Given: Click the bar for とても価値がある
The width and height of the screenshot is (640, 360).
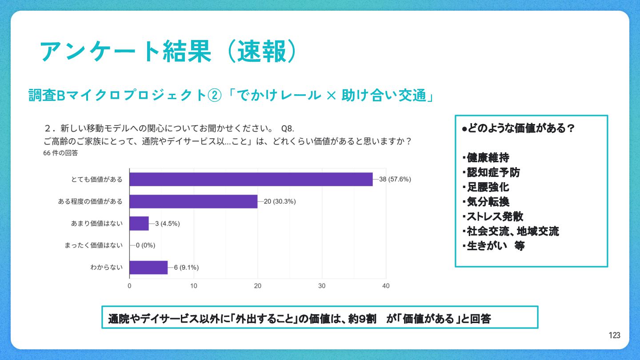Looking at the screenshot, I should pyautogui.click(x=251, y=180).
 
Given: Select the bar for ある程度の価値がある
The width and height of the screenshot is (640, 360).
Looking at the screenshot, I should pyautogui.click(x=193, y=201).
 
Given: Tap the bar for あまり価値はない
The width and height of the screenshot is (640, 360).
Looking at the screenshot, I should pyautogui.click(x=139, y=223).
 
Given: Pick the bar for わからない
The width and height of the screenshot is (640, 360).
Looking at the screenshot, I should pyautogui.click(x=148, y=267).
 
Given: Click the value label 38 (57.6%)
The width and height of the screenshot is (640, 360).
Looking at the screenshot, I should pyautogui.click(x=395, y=180).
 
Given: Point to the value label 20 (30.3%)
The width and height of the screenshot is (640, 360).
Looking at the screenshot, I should pyautogui.click(x=280, y=201).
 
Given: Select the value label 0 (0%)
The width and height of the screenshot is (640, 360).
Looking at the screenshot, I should pyautogui.click(x=145, y=245).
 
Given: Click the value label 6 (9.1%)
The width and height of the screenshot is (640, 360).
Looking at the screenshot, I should pyautogui.click(x=186, y=267).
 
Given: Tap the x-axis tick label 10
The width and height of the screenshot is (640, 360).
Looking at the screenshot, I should pyautogui.click(x=194, y=286).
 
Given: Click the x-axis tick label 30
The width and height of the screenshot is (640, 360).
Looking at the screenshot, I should pyautogui.click(x=322, y=286).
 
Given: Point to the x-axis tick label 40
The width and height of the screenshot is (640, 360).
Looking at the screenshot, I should pyautogui.click(x=386, y=286).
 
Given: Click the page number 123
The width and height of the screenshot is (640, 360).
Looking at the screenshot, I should pyautogui.click(x=615, y=336).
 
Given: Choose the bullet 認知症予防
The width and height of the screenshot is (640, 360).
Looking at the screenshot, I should pyautogui.click(x=493, y=172).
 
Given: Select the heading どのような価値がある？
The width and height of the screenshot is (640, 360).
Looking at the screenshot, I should pyautogui.click(x=519, y=129).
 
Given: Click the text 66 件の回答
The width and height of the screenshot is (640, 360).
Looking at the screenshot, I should pyautogui.click(x=61, y=153).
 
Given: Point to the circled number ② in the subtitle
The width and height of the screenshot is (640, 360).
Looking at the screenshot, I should pyautogui.click(x=215, y=96).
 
